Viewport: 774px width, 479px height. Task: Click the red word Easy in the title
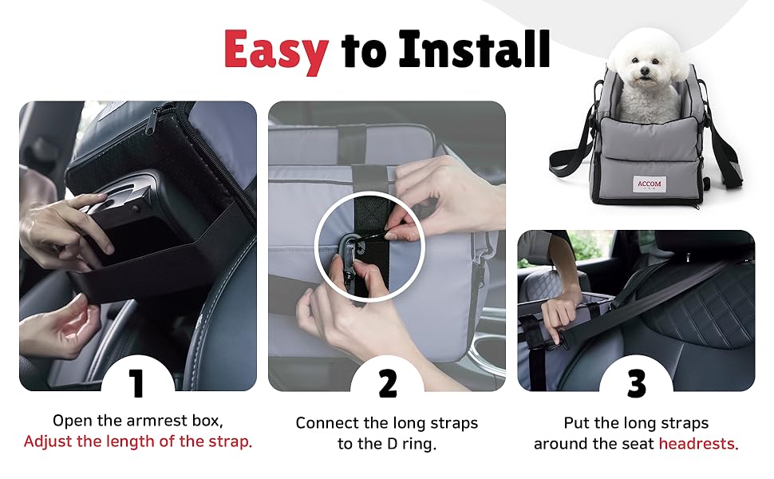pos(276,50)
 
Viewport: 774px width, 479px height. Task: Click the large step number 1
pos(136,383)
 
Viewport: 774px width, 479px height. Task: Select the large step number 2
pos(388,383)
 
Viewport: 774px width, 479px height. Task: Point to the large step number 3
pos(637,383)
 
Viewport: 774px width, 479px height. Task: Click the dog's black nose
pos(644,72)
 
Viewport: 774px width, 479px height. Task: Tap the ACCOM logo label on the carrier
pos(649,184)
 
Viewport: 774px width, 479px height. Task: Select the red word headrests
pos(696,444)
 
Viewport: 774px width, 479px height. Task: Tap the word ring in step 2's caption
pos(417,445)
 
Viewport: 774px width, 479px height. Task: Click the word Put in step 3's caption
pos(577,423)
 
